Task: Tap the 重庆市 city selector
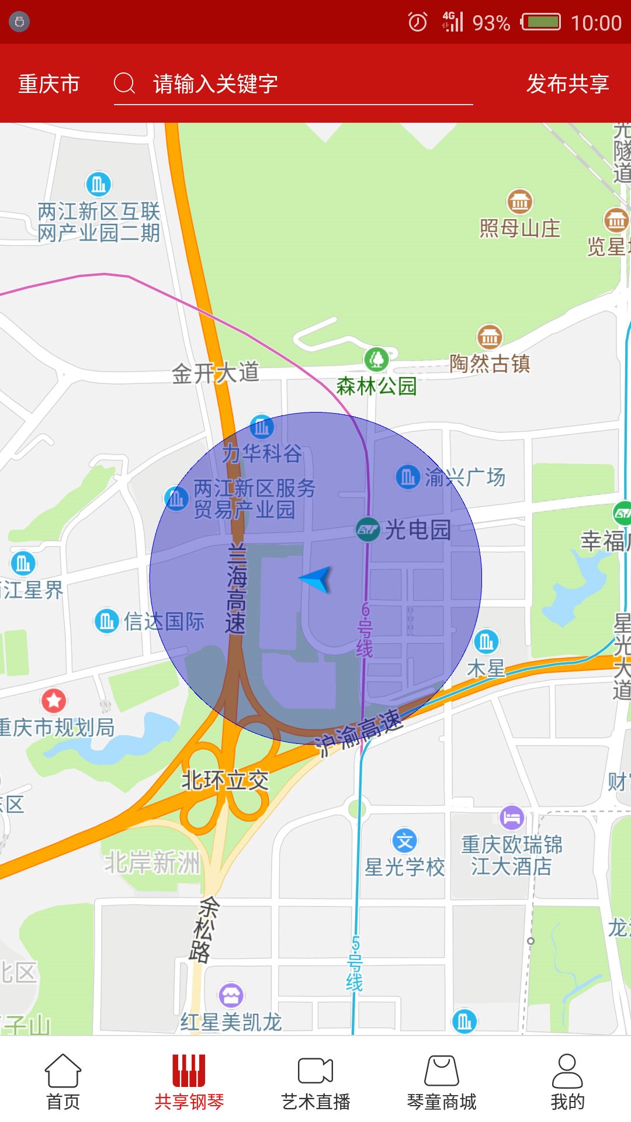[x=49, y=84]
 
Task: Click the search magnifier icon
[x=124, y=84]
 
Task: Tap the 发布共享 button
[x=567, y=84]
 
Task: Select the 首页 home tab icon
[x=63, y=1070]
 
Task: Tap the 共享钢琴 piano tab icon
[x=189, y=1070]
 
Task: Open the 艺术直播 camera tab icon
[x=315, y=1070]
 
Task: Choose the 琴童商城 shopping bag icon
[x=442, y=1070]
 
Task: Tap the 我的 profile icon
[x=567, y=1070]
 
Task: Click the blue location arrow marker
[x=317, y=579]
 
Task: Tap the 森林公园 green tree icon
[x=376, y=359]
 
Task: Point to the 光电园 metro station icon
[x=368, y=530]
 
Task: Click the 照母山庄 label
[x=519, y=228]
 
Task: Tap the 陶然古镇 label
[x=490, y=363]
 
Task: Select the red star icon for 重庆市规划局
[x=54, y=700]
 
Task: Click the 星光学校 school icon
[x=404, y=841]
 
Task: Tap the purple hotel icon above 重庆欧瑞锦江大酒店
[x=512, y=817]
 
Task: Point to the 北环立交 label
[x=225, y=780]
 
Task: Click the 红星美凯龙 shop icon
[x=231, y=995]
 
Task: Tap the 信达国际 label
[x=164, y=621]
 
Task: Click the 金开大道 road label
[x=216, y=373]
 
